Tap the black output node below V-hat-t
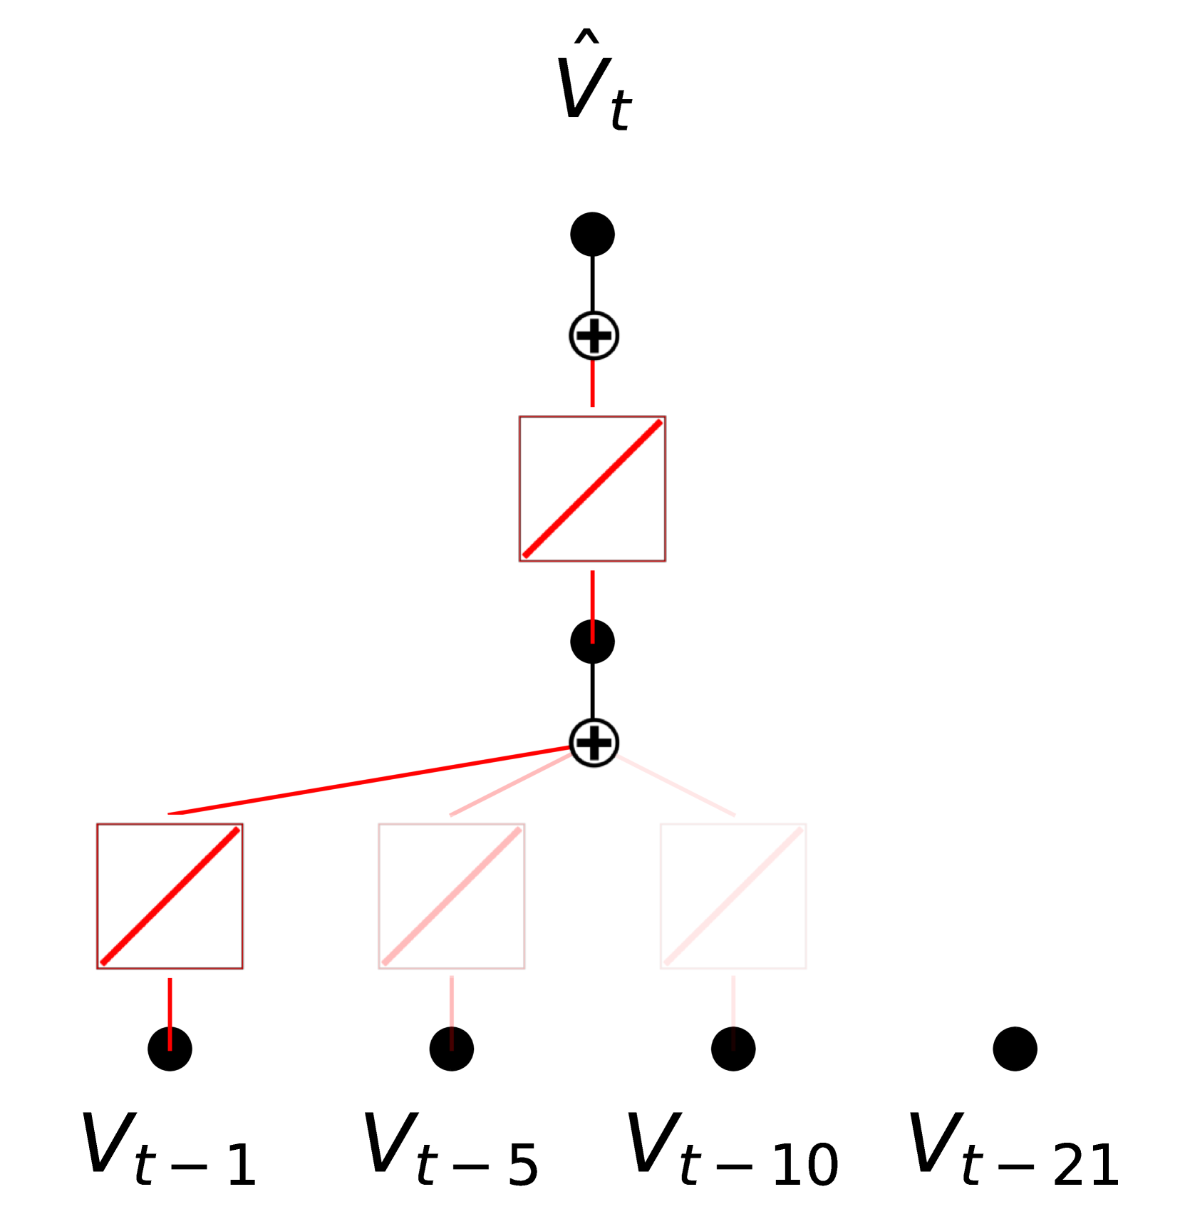pyautogui.click(x=592, y=234)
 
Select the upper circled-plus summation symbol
pyautogui.click(x=594, y=336)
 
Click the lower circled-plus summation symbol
pyautogui.click(x=594, y=743)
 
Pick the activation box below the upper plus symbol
pyautogui.click(x=592, y=489)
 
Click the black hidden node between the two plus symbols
pyautogui.click(x=592, y=642)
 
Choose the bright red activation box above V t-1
pyautogui.click(x=170, y=896)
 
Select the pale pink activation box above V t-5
pyautogui.click(x=452, y=896)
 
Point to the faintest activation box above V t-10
pyautogui.click(x=733, y=896)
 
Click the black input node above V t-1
pyautogui.click(x=170, y=1049)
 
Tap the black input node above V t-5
pyautogui.click(x=452, y=1049)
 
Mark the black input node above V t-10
pyautogui.click(x=733, y=1049)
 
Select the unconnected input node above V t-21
pyautogui.click(x=1015, y=1049)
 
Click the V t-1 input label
pyautogui.click(x=170, y=1149)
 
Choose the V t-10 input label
pyautogui.click(x=733, y=1149)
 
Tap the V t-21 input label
pyautogui.click(x=1015, y=1149)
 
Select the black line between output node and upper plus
pyautogui.click(x=592, y=284)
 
